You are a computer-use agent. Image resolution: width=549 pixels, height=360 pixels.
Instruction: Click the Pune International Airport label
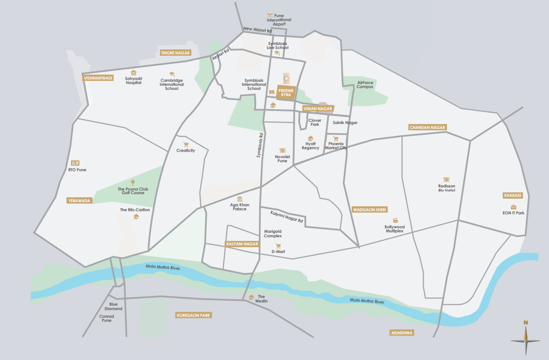[x=279, y=20]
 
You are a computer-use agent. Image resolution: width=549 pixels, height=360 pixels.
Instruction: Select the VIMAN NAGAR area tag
[x=318, y=108]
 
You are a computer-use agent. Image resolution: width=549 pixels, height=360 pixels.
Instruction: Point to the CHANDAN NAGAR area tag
[x=428, y=127]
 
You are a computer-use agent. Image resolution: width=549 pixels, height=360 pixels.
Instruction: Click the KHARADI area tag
[x=513, y=196]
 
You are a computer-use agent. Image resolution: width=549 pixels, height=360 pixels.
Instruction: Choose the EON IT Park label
[x=514, y=213]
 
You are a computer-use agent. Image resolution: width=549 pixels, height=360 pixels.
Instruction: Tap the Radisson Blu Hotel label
[x=447, y=188]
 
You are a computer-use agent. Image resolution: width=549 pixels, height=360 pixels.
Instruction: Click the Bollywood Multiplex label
[x=394, y=229]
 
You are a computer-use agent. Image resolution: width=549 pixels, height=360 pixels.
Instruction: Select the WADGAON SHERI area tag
[x=370, y=209]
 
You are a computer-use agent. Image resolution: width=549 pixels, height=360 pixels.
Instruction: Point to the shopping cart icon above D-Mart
[x=278, y=246]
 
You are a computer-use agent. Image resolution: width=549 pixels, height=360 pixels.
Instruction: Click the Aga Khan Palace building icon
[x=239, y=199]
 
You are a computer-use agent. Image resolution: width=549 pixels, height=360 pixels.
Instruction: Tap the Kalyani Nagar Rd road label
[x=287, y=218]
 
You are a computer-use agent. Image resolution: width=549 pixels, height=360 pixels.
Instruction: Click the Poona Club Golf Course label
[x=133, y=191]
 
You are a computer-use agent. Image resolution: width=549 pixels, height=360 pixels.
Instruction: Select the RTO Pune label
[x=77, y=170]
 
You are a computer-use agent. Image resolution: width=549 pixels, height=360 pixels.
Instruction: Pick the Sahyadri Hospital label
[x=133, y=80]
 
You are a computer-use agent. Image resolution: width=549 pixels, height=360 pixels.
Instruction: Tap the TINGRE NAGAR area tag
[x=176, y=53]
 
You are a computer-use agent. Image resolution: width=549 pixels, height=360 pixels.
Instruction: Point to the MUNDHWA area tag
[x=402, y=333]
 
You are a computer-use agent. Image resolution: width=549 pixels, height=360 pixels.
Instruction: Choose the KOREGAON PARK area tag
[x=194, y=316]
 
